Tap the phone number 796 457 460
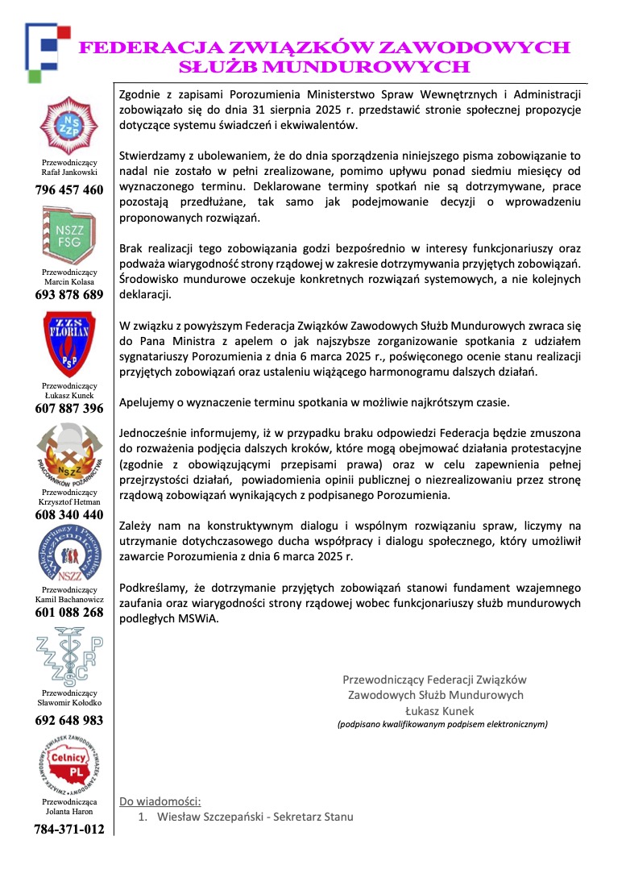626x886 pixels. click(x=69, y=190)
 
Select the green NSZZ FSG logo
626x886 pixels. click(x=68, y=235)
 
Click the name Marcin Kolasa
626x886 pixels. click(x=69, y=281)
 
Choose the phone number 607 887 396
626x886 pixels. click(x=69, y=409)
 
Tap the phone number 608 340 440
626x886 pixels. click(x=69, y=514)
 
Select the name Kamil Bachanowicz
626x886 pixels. click(x=69, y=599)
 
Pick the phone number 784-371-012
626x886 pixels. click(x=69, y=829)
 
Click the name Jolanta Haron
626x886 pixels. click(x=69, y=812)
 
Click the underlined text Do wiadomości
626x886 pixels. click(x=160, y=801)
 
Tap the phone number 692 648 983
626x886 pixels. click(x=69, y=720)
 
